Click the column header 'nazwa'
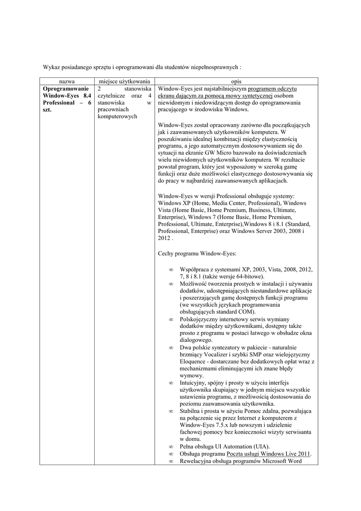pos(67,80)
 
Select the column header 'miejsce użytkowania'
pos(124,80)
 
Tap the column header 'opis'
pos(236,80)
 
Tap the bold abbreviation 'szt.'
pos(49,110)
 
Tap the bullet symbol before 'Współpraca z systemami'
pos(171,269)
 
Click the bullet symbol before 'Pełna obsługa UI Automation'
pos(171,447)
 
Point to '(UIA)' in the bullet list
pos(260,447)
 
